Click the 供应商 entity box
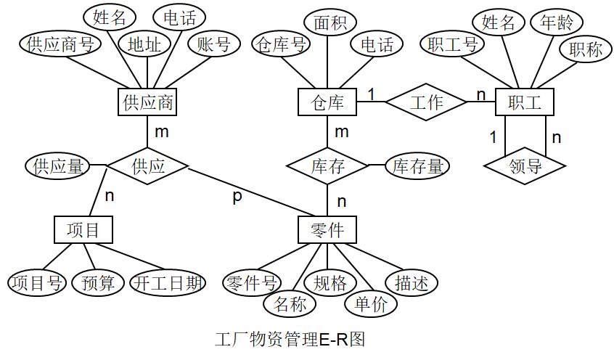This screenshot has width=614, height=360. click(147, 102)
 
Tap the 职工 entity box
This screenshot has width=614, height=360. click(524, 102)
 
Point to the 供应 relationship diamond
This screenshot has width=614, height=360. click(148, 166)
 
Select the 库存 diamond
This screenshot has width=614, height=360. click(327, 166)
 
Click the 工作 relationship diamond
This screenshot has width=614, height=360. click(425, 102)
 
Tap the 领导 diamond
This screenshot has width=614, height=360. click(525, 166)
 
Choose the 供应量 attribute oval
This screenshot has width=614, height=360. click(57, 166)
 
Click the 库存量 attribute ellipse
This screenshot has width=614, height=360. click(417, 166)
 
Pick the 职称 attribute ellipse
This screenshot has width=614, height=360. click(585, 49)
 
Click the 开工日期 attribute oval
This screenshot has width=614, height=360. click(168, 283)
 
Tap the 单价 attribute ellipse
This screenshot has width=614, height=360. click(371, 304)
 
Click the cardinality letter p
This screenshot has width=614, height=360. click(237, 197)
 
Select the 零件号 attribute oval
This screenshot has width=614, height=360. click(250, 283)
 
